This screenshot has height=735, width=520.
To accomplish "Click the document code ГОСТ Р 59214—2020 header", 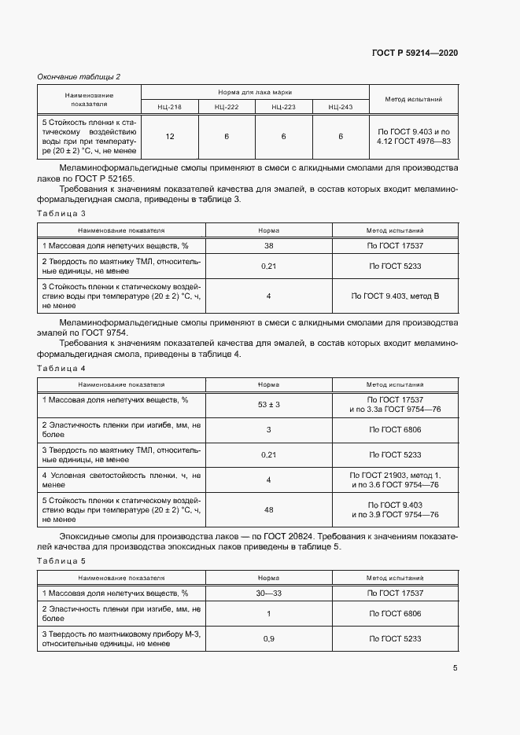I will [x=415, y=53].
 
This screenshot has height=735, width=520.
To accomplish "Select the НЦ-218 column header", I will [x=169, y=106].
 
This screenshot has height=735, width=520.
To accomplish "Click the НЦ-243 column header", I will [x=341, y=106].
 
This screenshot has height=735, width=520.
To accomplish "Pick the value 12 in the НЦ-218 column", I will [x=170, y=137].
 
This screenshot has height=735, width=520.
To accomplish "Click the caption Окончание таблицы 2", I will [x=79, y=76].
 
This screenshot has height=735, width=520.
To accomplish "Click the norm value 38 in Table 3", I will [x=268, y=246].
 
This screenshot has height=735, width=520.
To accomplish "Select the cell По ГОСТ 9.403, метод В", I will [x=395, y=296].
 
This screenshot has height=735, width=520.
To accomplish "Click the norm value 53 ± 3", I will [x=268, y=404].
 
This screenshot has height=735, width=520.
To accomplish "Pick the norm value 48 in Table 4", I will [x=268, y=510].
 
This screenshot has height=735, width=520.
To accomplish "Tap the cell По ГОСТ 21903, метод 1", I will [x=395, y=475].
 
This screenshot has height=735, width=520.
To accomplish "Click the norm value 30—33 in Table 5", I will [x=268, y=593].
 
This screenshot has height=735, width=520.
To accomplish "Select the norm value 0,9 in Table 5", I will [x=268, y=638].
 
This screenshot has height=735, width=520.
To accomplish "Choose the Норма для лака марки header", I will [x=255, y=92].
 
